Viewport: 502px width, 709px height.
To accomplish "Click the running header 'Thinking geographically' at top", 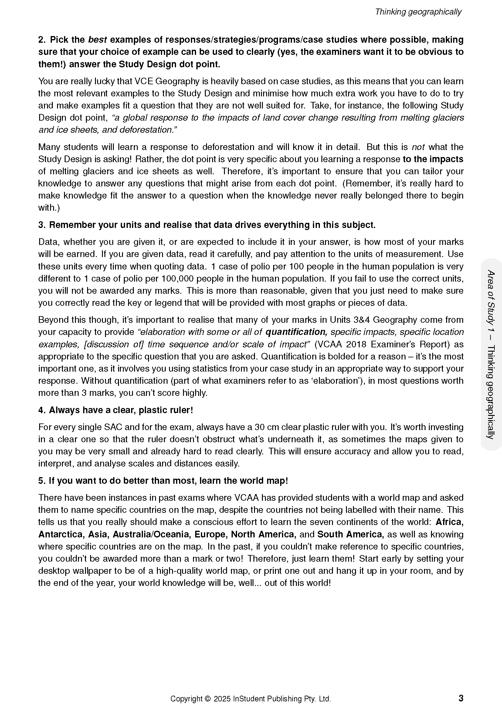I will pyautogui.click(x=418, y=12).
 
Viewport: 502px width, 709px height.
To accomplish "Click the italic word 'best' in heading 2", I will pyautogui.click(x=97, y=40).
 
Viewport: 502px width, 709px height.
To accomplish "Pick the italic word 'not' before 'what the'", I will pyautogui.click(x=418, y=147).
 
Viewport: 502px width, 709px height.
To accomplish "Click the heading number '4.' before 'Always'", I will pyautogui.click(x=42, y=410).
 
